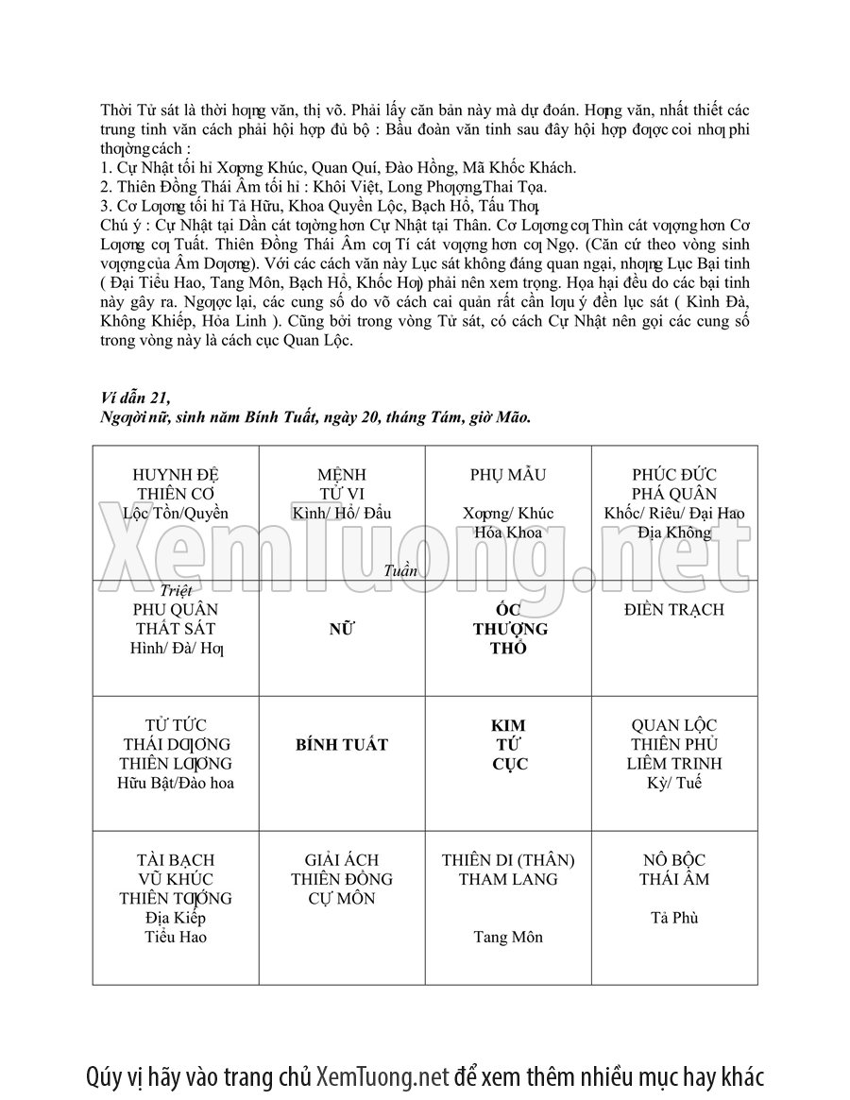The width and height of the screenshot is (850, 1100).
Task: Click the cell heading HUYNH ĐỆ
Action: (176, 474)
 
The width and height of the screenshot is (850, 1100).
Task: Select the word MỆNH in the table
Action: (342, 474)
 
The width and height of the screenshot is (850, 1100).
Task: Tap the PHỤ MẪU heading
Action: (508, 474)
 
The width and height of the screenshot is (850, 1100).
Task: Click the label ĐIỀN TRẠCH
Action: (674, 609)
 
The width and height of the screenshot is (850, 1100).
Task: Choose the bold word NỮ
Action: (342, 629)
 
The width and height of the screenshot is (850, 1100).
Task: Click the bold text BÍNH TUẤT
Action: (342, 745)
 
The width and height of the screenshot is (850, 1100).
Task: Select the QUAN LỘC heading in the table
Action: (674, 725)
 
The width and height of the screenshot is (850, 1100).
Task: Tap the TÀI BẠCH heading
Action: (176, 860)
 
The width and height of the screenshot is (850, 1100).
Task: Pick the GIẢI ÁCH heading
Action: (342, 860)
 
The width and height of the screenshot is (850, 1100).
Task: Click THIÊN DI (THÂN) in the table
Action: (508, 860)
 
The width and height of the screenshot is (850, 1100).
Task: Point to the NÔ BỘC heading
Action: (674, 860)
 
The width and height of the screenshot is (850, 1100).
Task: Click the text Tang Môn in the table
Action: (508, 938)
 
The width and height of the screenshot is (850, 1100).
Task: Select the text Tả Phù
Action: (674, 918)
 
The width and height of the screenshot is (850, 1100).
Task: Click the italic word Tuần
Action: (401, 570)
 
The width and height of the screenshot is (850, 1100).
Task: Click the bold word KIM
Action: (508, 725)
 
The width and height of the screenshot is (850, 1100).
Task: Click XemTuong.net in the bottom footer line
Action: (382, 1076)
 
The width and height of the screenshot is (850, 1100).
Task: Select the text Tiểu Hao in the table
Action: (176, 938)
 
